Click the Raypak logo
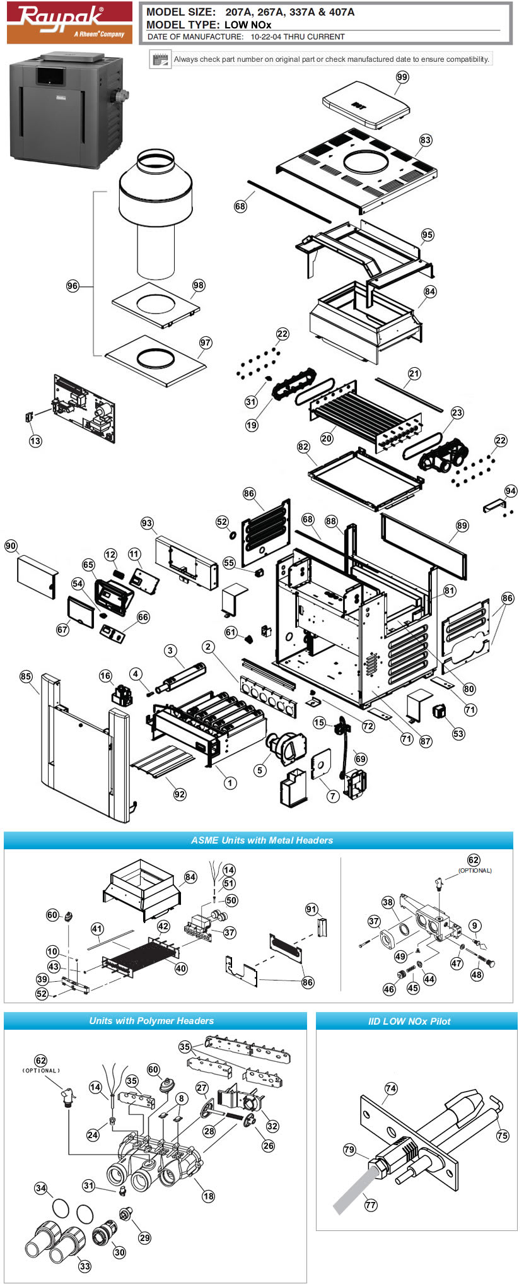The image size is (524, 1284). pyautogui.click(x=69, y=23)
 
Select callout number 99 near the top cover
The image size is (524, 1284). pyautogui.click(x=402, y=77)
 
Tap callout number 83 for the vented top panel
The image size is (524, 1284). pyautogui.click(x=426, y=139)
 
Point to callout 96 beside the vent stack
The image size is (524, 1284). pyautogui.click(x=73, y=286)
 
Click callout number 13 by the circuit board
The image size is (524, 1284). pyautogui.click(x=35, y=440)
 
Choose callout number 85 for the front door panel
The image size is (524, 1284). pyautogui.click(x=25, y=676)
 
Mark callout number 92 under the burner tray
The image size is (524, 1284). pyautogui.click(x=180, y=794)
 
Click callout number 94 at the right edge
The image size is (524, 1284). pyautogui.click(x=510, y=491)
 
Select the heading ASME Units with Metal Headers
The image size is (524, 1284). pyautogui.click(x=262, y=840)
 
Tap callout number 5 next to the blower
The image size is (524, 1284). pyautogui.click(x=260, y=770)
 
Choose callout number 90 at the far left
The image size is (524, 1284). pyautogui.click(x=11, y=546)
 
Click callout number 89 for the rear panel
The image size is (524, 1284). pyautogui.click(x=462, y=526)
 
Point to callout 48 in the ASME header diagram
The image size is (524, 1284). pyautogui.click(x=477, y=974)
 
